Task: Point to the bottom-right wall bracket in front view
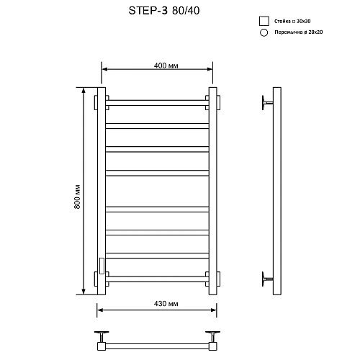215,278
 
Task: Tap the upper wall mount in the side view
267,102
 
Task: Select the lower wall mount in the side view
267,278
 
